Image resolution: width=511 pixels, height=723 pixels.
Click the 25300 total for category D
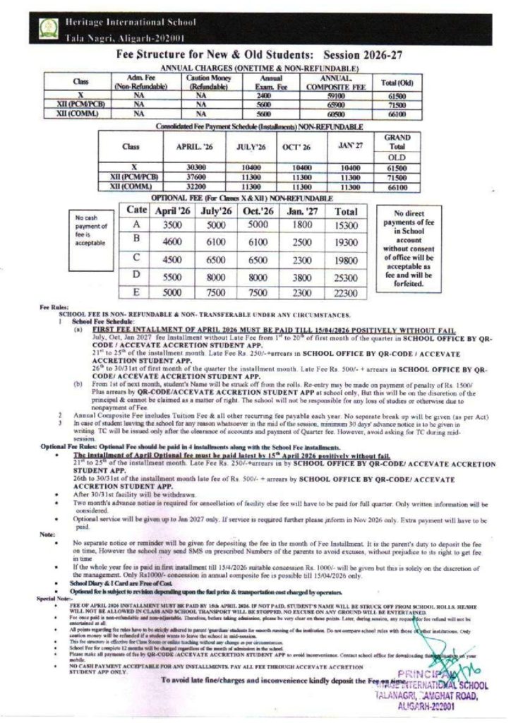[x=346, y=277]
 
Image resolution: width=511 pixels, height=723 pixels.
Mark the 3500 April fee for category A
[x=169, y=225]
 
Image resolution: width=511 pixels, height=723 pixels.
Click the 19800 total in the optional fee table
[x=346, y=260]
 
